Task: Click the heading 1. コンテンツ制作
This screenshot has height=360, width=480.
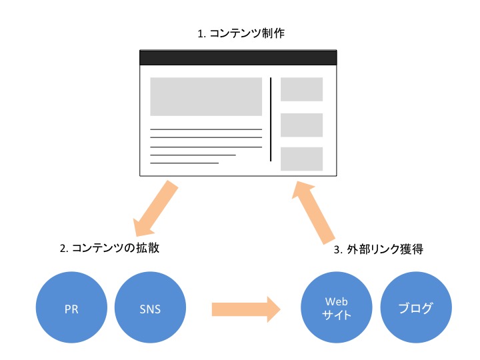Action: pos(241,33)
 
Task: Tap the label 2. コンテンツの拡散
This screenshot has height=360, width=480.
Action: pos(109,248)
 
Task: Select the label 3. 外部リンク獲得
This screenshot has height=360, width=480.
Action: pos(379,249)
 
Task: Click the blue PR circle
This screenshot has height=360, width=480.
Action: pos(71,307)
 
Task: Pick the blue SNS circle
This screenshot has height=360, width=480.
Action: pos(150,307)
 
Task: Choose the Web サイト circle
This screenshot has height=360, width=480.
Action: pos(337,307)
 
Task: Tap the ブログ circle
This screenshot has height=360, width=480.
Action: pos(416,307)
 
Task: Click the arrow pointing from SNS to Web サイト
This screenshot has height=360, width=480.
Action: pos(246,309)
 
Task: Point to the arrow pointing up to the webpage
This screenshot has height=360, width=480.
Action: pos(312,213)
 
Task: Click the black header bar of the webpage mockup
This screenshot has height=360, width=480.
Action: pos(238,57)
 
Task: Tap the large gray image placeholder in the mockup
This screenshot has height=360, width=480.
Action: pos(206,97)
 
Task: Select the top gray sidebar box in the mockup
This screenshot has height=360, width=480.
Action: pos(301,89)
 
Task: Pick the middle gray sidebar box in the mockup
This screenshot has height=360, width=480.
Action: pos(301,125)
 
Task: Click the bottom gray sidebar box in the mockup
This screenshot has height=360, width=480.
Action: pos(301,159)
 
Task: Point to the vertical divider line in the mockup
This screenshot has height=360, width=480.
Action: pos(271,119)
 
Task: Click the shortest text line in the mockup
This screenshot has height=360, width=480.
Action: pos(184,163)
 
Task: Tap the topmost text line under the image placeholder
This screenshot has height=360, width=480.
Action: pos(206,129)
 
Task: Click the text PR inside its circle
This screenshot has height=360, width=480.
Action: pos(71,309)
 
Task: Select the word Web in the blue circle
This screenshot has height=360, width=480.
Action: pos(337,302)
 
